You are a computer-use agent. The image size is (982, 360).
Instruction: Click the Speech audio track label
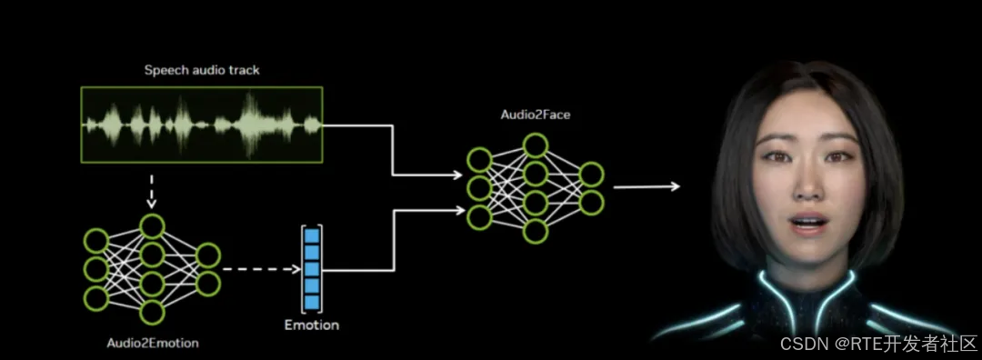pyautogui.click(x=202, y=70)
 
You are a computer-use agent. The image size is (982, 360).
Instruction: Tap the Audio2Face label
pyautogui.click(x=536, y=115)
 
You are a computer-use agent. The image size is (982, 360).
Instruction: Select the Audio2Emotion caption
pyautogui.click(x=153, y=343)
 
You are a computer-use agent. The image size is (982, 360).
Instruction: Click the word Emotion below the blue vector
pyautogui.click(x=311, y=325)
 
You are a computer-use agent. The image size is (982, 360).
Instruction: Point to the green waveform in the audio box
pyautogui.click(x=202, y=125)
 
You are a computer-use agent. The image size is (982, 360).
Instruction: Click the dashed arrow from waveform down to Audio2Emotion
pyautogui.click(x=152, y=191)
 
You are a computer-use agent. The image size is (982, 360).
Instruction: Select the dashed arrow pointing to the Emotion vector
pyautogui.click(x=262, y=270)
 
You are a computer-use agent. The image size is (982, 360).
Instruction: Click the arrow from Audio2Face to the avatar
pyautogui.click(x=646, y=186)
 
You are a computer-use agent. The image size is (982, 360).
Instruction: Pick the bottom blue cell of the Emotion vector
pyautogui.click(x=311, y=303)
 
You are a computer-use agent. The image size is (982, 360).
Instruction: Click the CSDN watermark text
pyautogui.click(x=877, y=343)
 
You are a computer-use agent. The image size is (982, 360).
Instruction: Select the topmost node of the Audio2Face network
pyautogui.click(x=536, y=145)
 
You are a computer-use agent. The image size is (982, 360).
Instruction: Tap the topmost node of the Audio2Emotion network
pyautogui.click(x=152, y=226)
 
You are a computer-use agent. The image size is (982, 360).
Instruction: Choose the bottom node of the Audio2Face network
pyautogui.click(x=536, y=231)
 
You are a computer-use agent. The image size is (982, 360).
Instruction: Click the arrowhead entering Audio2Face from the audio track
pyautogui.click(x=457, y=175)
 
